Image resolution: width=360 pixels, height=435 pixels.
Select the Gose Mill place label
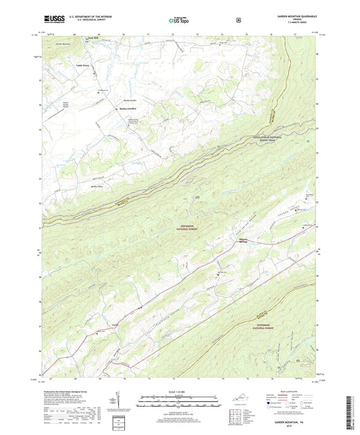pos(103,39)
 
